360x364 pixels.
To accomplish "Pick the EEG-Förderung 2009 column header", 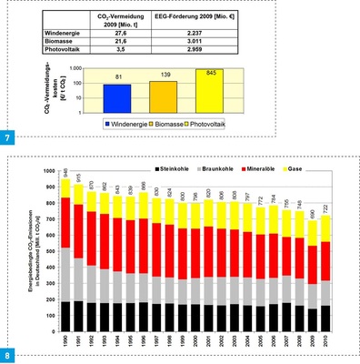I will (203, 19).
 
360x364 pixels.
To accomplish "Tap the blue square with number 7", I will (9, 137).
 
